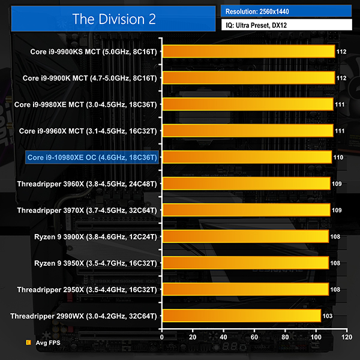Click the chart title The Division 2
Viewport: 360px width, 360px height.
114,19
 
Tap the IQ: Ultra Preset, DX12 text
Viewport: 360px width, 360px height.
258,25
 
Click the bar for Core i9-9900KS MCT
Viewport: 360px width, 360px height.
248,52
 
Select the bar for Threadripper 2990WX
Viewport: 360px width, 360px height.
241,316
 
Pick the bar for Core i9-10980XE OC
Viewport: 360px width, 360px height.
247,157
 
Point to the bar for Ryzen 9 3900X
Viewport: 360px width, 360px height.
245,236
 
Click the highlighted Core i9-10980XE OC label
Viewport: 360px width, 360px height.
92,157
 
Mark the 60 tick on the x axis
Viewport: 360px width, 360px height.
254,337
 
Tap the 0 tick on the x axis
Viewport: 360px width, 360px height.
162,337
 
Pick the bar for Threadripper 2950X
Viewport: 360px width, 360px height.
245,289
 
